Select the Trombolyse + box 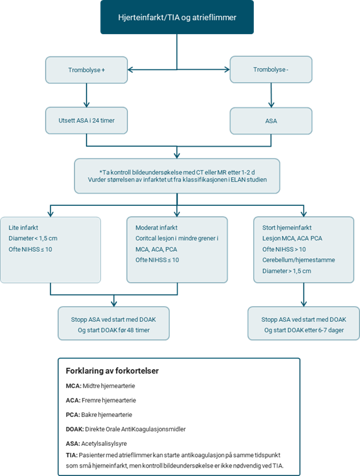click(87, 69)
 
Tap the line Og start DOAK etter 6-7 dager click(304, 330)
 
